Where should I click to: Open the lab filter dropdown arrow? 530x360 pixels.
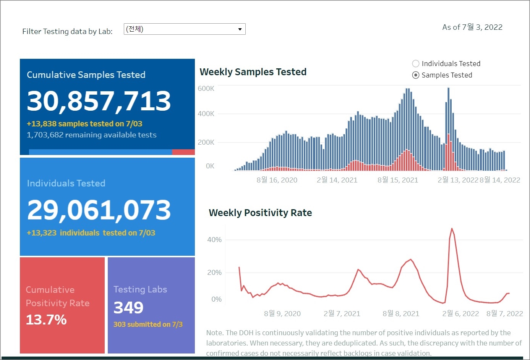tap(240, 29)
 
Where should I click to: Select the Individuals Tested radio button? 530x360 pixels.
tap(416, 64)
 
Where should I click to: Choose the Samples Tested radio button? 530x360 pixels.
tap(416, 75)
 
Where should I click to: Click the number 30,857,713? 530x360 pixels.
tap(99, 101)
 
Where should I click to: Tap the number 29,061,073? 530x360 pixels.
tap(99, 210)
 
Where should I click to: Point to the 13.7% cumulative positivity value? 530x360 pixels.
tap(46, 320)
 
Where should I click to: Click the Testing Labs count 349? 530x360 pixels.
tap(128, 308)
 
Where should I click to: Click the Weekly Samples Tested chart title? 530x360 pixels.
tap(253, 72)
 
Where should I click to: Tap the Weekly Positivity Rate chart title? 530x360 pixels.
tap(260, 213)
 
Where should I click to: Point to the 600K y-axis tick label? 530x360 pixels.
tap(206, 89)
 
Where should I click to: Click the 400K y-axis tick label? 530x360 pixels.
tap(206, 114)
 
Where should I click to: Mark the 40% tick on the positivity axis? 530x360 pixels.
tap(214, 240)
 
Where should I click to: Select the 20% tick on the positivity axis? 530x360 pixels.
tap(214, 273)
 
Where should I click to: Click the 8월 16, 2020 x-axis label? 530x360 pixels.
tap(277, 180)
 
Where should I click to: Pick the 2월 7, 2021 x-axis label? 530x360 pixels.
tap(342, 313)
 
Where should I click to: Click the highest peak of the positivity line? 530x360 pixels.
tap(452, 229)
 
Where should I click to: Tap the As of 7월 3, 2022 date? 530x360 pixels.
tap(472, 27)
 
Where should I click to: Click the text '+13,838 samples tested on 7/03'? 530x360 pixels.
tap(84, 124)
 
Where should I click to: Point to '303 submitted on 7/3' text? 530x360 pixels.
tap(148, 324)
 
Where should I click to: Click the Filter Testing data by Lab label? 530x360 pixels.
tap(67, 31)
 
